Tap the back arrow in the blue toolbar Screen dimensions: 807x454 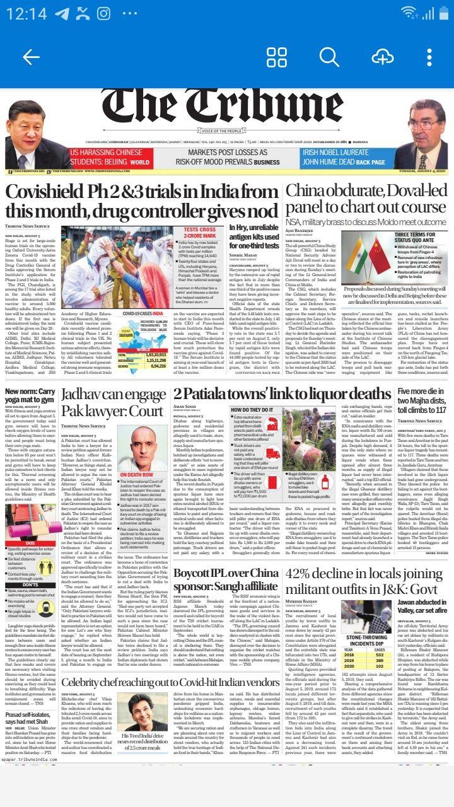tap(31, 57)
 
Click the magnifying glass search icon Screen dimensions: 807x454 tap(329, 57)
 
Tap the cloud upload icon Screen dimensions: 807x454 tap(382, 57)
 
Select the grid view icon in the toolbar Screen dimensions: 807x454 tap(277, 57)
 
